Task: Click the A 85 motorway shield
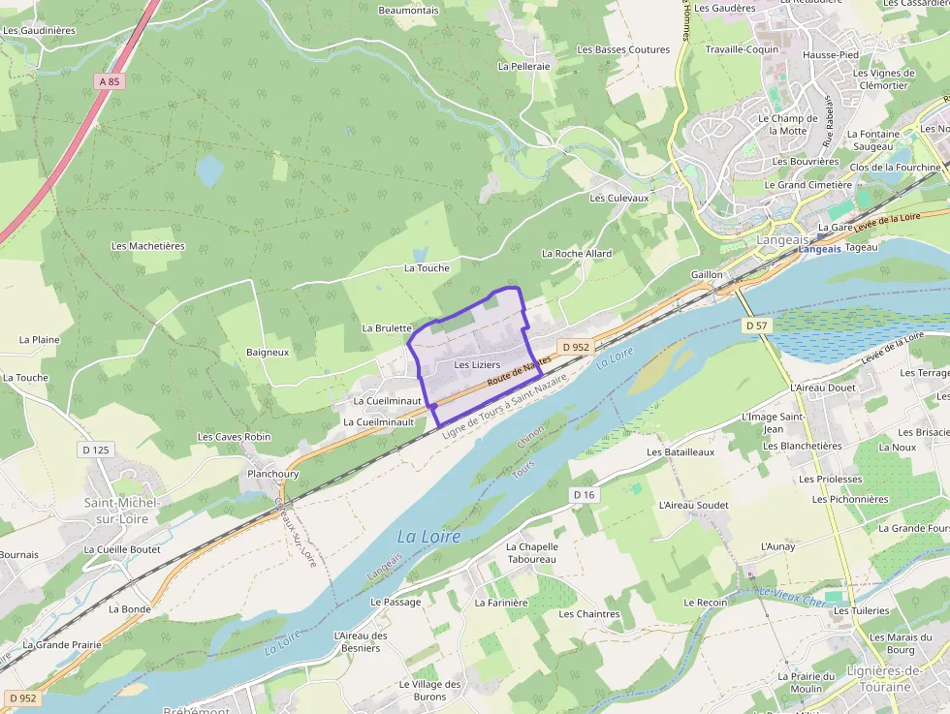(x=110, y=82)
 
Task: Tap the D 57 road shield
(x=756, y=326)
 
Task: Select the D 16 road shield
(x=584, y=495)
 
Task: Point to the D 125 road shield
(x=95, y=450)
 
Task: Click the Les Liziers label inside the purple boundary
(x=477, y=364)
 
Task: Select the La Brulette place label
(x=387, y=328)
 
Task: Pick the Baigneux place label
(x=268, y=353)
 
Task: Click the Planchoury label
(x=273, y=475)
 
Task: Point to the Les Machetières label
(x=147, y=246)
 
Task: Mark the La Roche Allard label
(x=577, y=254)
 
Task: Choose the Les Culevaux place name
(x=618, y=198)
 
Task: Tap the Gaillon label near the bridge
(x=707, y=275)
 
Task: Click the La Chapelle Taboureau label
(x=531, y=552)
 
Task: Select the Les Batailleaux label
(x=681, y=452)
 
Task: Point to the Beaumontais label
(x=408, y=11)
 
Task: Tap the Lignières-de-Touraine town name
(x=871, y=679)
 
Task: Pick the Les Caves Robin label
(x=234, y=437)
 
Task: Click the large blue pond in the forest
(x=209, y=171)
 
